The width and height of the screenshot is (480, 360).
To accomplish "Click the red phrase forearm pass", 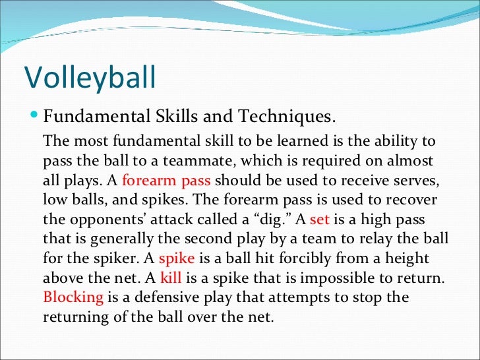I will [x=167, y=180].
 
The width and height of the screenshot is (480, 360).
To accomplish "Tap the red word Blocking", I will [x=73, y=297].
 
